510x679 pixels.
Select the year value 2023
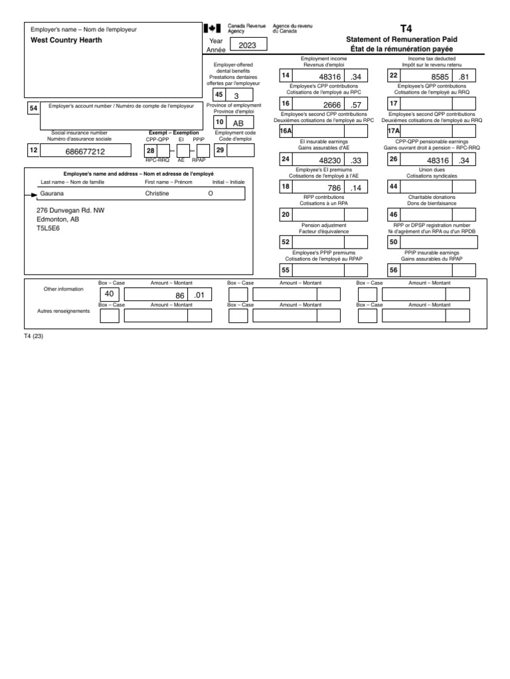248,45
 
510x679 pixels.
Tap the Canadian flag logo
212,29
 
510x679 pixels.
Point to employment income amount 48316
330,78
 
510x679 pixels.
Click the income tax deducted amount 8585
440,78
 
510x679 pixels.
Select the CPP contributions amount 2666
333,105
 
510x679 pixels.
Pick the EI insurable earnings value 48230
330,160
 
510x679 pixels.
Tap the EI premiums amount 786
334,188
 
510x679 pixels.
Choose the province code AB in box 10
238,123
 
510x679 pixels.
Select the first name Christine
157,194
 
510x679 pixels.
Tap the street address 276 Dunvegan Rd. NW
70,210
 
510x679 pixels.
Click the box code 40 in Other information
110,294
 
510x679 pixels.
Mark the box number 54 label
33,108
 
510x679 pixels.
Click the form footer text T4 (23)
33,336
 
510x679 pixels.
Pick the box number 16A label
286,132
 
